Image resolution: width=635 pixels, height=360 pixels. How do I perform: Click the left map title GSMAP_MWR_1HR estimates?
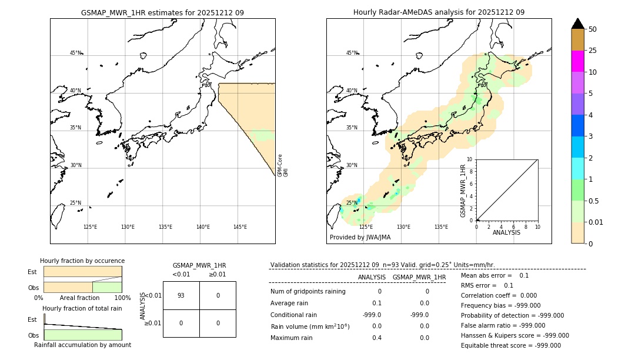(162, 12)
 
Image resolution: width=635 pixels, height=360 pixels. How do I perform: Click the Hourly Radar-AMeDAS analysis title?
(439, 12)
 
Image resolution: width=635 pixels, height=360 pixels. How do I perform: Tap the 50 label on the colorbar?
(593, 29)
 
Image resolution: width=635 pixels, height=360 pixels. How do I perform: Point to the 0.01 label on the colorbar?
(596, 222)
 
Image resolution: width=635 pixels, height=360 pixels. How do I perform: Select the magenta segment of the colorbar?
(577, 61)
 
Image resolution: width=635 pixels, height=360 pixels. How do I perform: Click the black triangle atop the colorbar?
(577, 24)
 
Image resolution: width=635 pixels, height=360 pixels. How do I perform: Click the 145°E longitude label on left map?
(240, 227)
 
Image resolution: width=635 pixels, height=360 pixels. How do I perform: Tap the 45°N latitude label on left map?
(76, 53)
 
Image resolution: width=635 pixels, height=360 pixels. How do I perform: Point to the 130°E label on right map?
(403, 227)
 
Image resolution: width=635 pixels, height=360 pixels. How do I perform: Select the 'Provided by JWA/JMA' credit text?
(360, 237)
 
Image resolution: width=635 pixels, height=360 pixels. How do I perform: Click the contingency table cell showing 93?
(181, 295)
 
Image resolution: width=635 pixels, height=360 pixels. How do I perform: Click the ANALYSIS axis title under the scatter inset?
(506, 232)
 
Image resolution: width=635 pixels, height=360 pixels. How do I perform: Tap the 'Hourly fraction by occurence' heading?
(82, 261)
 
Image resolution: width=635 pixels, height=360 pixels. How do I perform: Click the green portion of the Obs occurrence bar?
(107, 287)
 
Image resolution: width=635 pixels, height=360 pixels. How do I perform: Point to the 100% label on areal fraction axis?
(122, 298)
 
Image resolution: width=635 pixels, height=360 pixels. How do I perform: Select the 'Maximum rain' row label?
(291, 338)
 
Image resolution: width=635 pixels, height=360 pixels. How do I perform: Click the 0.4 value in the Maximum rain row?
(376, 338)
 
